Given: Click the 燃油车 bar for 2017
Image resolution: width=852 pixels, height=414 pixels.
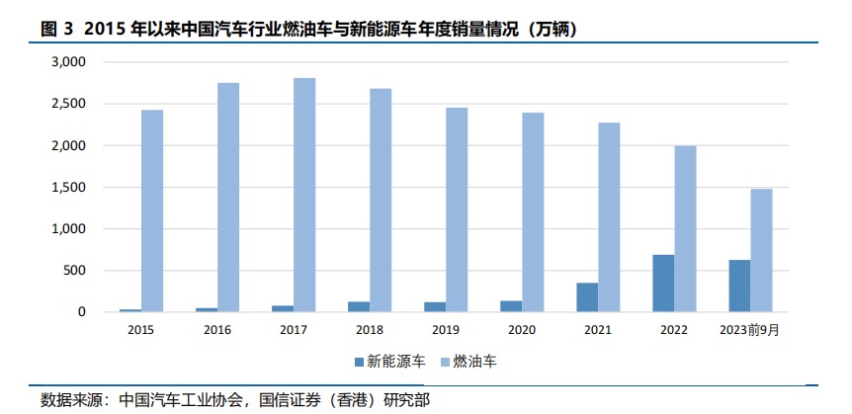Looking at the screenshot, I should (303, 195).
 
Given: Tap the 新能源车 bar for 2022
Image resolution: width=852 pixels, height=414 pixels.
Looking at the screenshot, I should (663, 284).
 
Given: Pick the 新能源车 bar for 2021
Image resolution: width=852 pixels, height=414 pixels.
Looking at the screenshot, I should (587, 297).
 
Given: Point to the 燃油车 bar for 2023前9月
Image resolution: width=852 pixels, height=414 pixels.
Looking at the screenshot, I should (761, 250).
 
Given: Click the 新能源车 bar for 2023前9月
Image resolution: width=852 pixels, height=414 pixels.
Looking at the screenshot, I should (739, 286).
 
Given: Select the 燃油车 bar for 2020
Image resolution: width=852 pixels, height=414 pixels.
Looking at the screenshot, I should (534, 212).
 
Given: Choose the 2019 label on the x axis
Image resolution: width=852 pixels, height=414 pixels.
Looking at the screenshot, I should (446, 330).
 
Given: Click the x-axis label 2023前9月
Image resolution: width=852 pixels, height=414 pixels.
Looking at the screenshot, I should (749, 330).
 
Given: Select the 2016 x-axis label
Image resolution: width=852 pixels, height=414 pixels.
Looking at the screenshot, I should (217, 330).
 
